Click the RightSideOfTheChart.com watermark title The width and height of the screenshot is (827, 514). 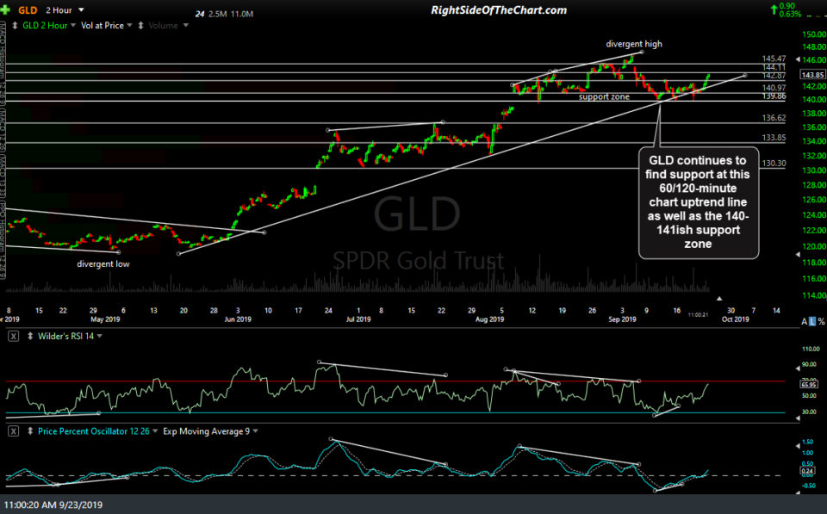tap(498, 10)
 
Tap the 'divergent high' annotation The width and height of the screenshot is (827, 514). tap(634, 44)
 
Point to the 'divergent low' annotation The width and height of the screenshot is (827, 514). tap(103, 263)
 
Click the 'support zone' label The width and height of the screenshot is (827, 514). tap(605, 96)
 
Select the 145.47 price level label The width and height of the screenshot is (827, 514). tap(774, 58)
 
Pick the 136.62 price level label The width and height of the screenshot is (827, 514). tap(774, 117)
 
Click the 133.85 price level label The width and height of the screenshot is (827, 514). tap(774, 137)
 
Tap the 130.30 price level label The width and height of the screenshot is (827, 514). tap(774, 163)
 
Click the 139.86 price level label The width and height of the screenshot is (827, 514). tap(774, 97)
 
